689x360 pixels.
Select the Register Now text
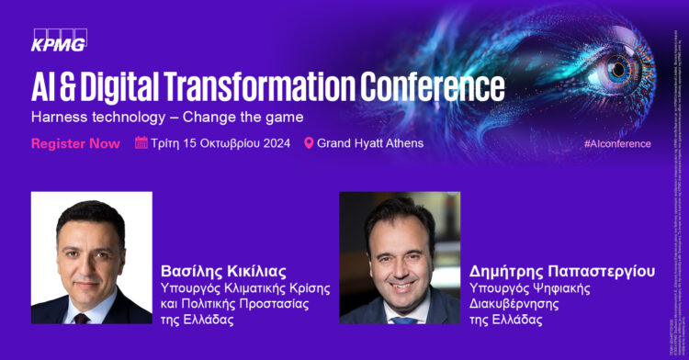(x=75, y=143)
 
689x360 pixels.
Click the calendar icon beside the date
(x=141, y=142)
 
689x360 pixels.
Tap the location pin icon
(x=309, y=143)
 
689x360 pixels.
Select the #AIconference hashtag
(x=617, y=144)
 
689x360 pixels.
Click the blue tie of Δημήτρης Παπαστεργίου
(x=401, y=320)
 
